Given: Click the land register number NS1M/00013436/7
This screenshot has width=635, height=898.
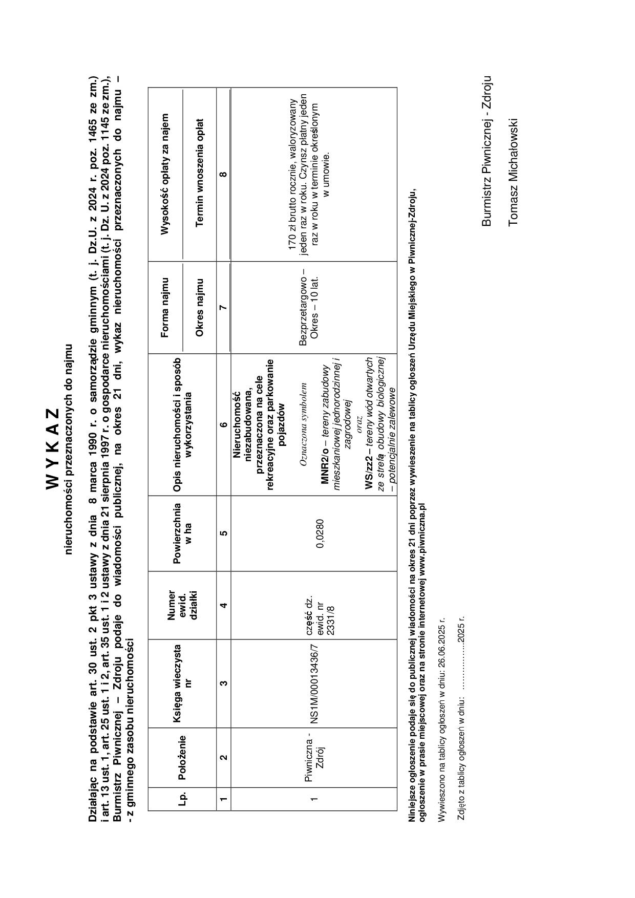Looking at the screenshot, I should (315, 684).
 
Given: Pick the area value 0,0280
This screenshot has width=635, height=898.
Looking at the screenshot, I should (320, 533).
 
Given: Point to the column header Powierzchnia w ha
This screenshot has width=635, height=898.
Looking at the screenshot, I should (182, 533).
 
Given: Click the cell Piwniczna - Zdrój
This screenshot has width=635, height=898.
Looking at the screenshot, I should (315, 757).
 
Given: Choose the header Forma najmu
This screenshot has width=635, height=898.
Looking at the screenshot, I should (165, 307).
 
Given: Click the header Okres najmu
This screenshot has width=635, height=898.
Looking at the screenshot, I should (200, 307).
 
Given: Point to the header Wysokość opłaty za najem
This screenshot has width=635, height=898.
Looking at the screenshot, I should (165, 174).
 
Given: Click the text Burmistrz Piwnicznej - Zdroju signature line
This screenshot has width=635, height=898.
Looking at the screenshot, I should (486, 151).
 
